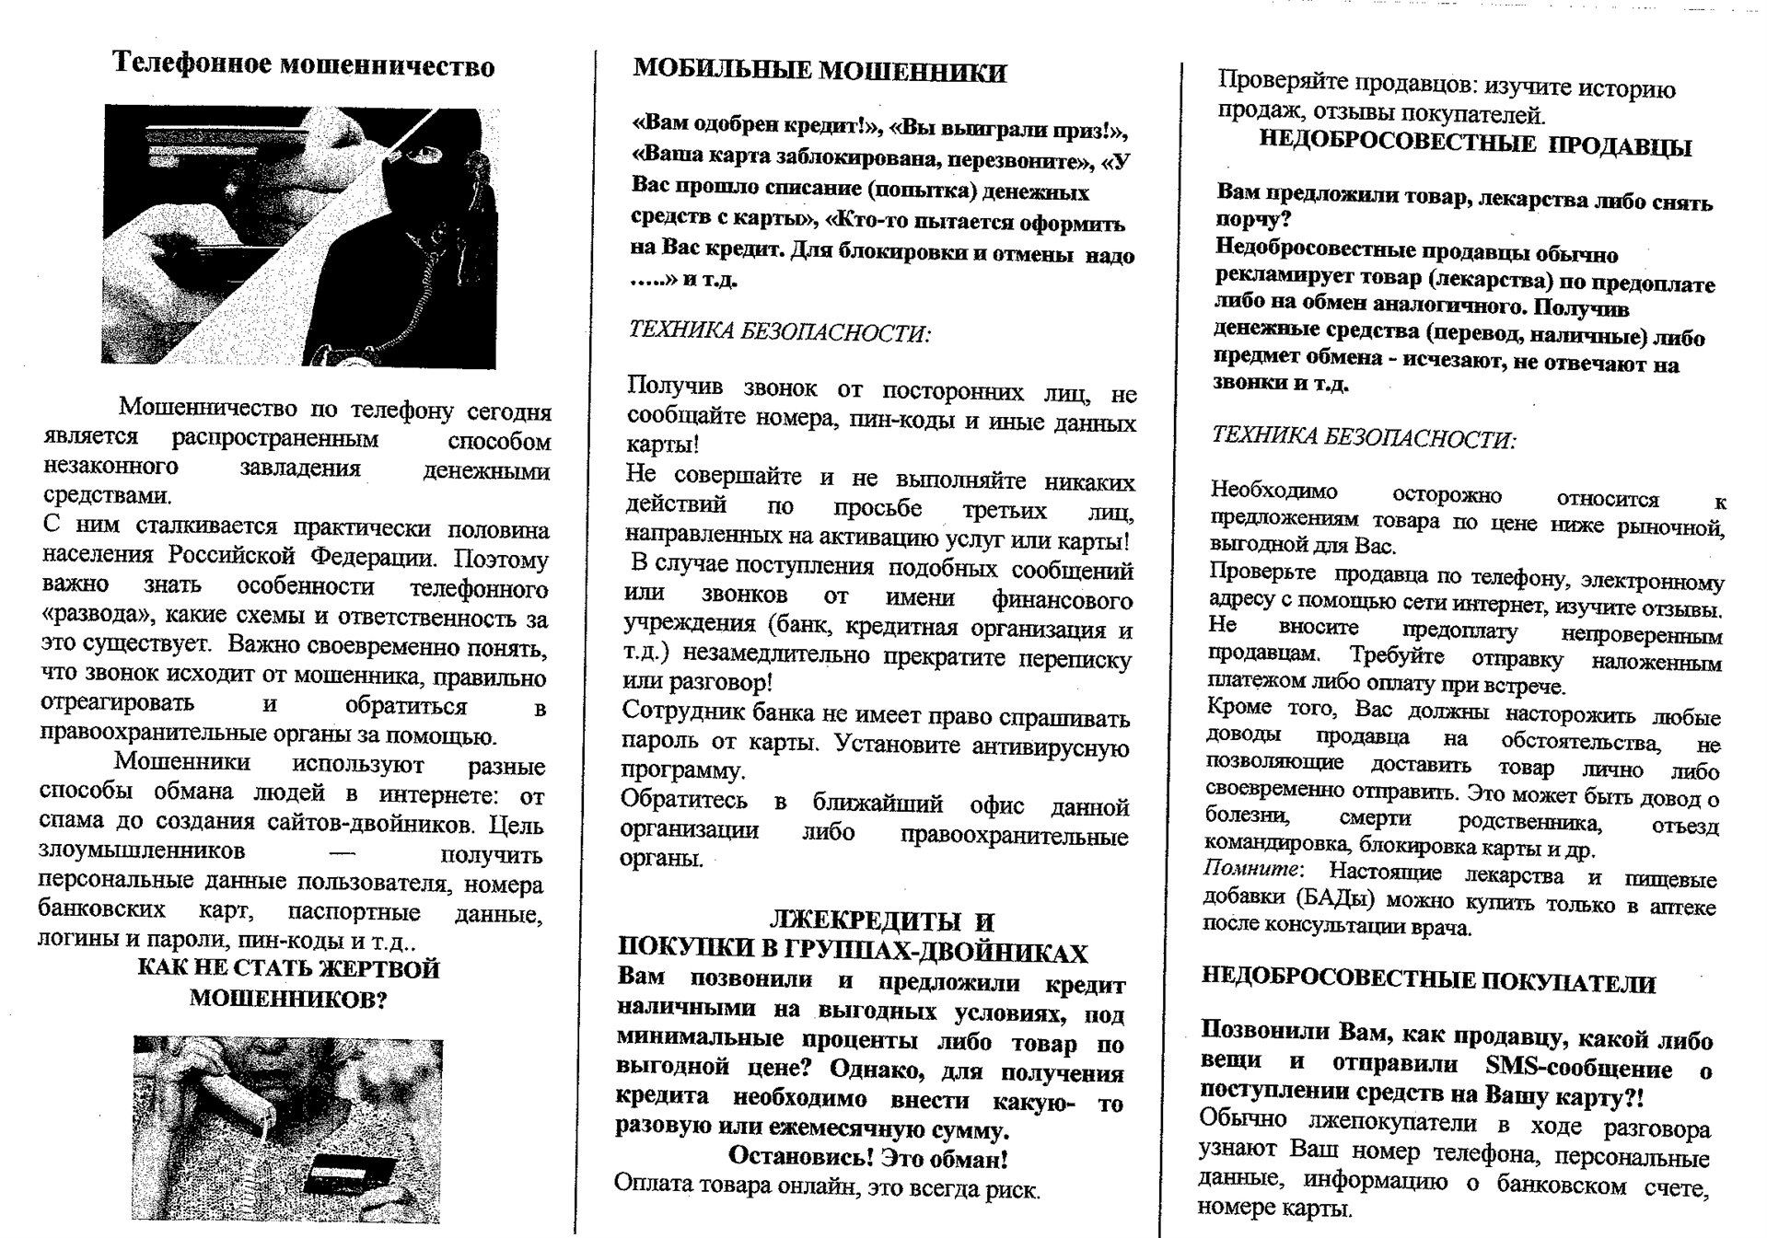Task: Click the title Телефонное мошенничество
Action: (303, 65)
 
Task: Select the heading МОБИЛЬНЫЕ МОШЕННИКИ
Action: (820, 72)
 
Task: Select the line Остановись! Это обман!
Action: (867, 1156)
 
